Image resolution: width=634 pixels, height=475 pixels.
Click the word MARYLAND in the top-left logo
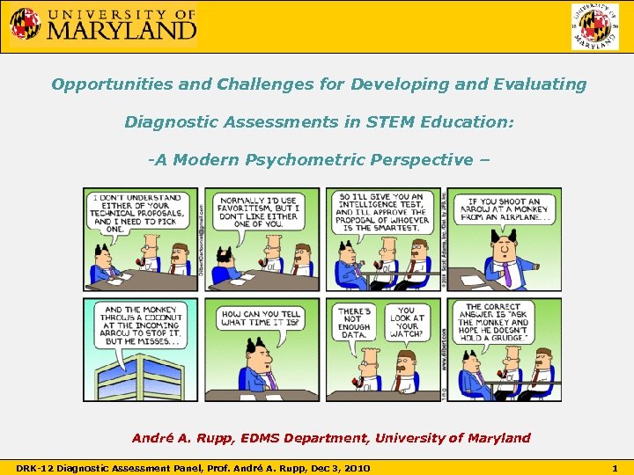click(x=122, y=30)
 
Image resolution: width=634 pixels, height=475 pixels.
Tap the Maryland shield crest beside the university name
click(x=25, y=24)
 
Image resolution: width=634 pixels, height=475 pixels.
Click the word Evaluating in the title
click(x=540, y=84)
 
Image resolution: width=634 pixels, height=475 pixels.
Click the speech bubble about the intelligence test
click(x=379, y=212)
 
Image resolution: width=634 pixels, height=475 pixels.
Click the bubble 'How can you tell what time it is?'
click(x=262, y=318)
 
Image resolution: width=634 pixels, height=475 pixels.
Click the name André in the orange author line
click(x=152, y=438)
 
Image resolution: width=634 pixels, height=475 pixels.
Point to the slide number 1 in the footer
click(x=614, y=467)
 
